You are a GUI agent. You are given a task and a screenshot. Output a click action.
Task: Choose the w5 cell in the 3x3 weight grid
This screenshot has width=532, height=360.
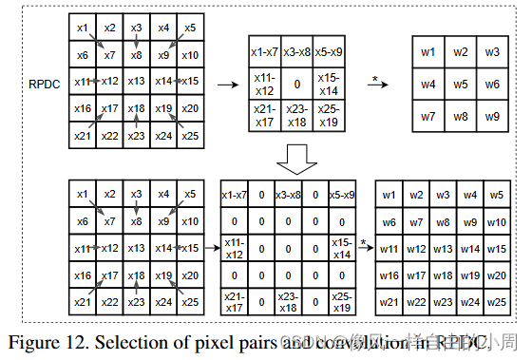click(x=461, y=85)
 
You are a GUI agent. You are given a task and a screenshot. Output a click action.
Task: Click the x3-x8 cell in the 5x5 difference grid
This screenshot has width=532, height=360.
click(x=287, y=196)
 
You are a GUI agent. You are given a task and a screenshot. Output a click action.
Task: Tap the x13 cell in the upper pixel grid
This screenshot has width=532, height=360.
click(x=136, y=82)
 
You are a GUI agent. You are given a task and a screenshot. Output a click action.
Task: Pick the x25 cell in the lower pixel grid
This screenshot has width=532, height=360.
click(x=189, y=302)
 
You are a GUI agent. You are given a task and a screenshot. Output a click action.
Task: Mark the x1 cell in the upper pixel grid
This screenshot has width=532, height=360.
click(x=82, y=28)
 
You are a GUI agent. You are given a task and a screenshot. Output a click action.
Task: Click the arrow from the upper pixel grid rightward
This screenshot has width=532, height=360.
click(x=228, y=85)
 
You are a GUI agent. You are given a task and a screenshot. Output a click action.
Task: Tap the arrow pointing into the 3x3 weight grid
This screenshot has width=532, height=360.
click(x=377, y=85)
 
